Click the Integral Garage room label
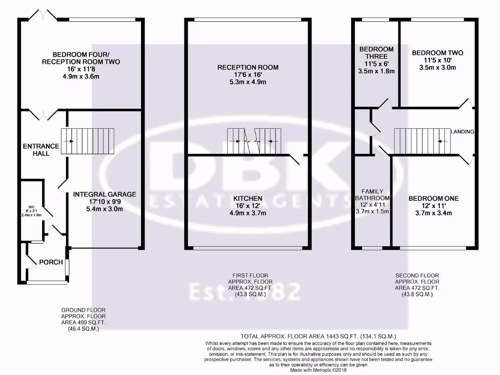(104, 194)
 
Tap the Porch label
(51, 262)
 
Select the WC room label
(32, 207)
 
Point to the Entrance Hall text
(41, 149)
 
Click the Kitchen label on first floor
(248, 199)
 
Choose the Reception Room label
(248, 67)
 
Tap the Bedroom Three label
(376, 49)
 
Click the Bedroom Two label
(437, 53)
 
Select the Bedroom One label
(434, 198)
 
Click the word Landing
(462, 132)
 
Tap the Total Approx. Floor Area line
(318, 336)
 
